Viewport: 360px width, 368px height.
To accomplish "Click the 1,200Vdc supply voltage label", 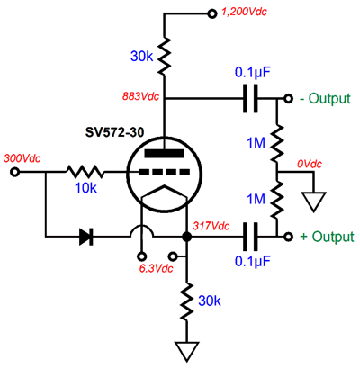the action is (x=244, y=12).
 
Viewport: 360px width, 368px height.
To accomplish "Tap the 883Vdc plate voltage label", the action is (x=140, y=96).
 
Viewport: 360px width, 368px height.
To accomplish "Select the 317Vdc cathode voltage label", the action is (x=211, y=226).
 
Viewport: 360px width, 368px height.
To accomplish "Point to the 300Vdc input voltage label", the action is (x=22, y=158).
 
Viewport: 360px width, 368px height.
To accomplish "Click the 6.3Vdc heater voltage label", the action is (x=156, y=268).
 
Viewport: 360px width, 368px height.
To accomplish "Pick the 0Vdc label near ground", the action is (x=310, y=164).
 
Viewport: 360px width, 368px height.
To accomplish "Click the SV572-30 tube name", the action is (x=114, y=132).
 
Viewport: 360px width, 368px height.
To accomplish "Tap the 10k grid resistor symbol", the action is (x=85, y=172).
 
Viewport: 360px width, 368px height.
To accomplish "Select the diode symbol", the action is (x=86, y=237).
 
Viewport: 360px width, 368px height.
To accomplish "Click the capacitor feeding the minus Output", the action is (x=250, y=98).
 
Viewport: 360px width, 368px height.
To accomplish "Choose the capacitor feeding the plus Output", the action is (x=250, y=237).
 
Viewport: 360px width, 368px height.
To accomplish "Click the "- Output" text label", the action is (x=325, y=98).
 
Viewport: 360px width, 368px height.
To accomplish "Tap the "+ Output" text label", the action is (x=327, y=237).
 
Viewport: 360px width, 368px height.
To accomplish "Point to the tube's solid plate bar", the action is (x=164, y=153).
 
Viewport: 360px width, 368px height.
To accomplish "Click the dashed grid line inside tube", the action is (x=164, y=172).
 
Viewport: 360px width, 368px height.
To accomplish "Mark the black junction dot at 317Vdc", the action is (x=187, y=237).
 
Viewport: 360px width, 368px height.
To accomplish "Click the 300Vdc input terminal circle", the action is (x=14, y=172).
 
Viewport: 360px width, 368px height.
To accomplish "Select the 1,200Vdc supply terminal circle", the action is (x=212, y=13).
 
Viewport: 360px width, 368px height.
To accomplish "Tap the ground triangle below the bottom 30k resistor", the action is (x=187, y=351).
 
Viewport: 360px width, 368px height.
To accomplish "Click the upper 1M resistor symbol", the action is (x=277, y=143).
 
